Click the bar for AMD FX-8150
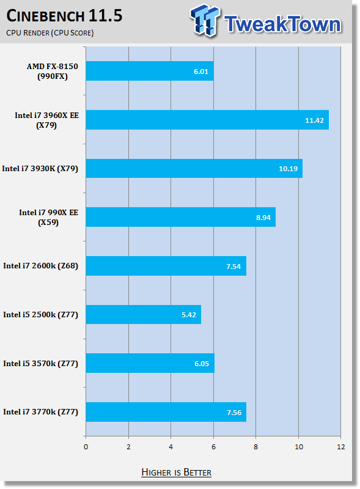tap(150, 71)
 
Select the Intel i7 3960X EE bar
tap(207, 120)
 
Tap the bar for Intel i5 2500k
tap(144, 314)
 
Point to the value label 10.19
tap(288, 169)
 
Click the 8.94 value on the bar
tap(263, 218)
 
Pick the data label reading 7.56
tap(234, 413)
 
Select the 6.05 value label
tap(202, 364)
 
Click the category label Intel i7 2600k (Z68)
tap(40, 266)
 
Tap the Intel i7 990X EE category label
tap(48, 218)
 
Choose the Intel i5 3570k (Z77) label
tap(40, 364)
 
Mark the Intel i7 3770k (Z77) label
tap(40, 412)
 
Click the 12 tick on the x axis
tap(341, 447)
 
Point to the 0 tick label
tap(86, 447)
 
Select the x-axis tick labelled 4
tap(171, 447)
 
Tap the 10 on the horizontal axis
tap(299, 447)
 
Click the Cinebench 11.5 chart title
tap(64, 16)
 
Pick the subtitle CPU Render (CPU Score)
tap(50, 33)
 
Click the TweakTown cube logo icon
tap(205, 21)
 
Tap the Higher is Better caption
tap(176, 472)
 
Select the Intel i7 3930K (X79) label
tap(40, 169)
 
